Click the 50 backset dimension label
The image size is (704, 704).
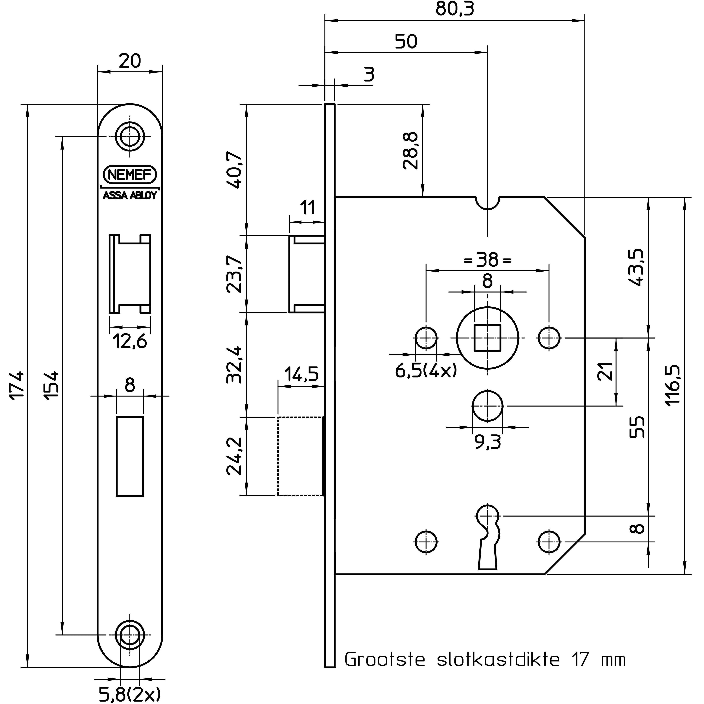[406, 42]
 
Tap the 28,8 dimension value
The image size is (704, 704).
[411, 150]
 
